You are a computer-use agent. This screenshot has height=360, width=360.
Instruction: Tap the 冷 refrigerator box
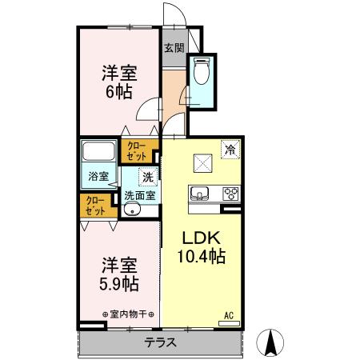coord(230,149)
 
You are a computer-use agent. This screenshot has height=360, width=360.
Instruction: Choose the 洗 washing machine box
coord(147,178)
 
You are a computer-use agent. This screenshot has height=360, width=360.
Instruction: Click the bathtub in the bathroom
coord(99,151)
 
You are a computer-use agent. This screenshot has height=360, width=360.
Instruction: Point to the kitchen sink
coord(200,194)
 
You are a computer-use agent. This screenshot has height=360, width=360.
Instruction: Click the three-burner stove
coord(230,193)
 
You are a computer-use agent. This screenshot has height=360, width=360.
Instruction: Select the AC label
coord(229,314)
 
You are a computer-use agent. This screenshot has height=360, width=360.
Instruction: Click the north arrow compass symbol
coord(270,343)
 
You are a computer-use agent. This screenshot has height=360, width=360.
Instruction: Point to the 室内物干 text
coord(128,313)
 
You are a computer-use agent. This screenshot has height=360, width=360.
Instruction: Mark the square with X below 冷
coord(200,164)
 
